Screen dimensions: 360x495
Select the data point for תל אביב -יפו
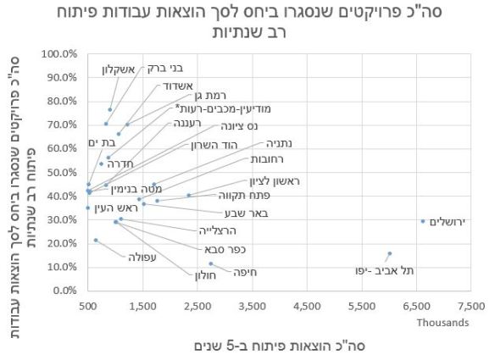[389, 253]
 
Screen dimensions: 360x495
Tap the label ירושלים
[451, 222]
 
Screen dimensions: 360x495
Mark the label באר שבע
[234, 213]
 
